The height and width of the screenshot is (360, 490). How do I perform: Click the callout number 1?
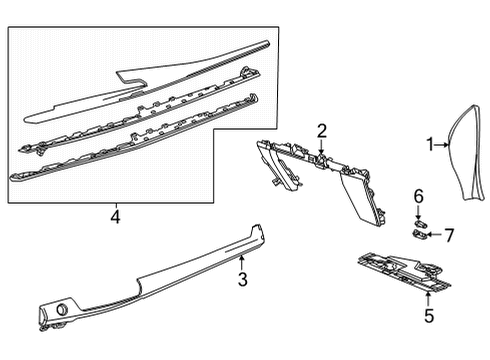430,145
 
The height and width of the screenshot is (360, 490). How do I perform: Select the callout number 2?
322,129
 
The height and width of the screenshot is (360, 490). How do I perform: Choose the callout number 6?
419,197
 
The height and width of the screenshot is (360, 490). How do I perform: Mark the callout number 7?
449,235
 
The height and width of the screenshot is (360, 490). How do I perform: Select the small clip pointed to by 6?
419,217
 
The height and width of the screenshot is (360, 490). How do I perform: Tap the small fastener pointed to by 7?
420,234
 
